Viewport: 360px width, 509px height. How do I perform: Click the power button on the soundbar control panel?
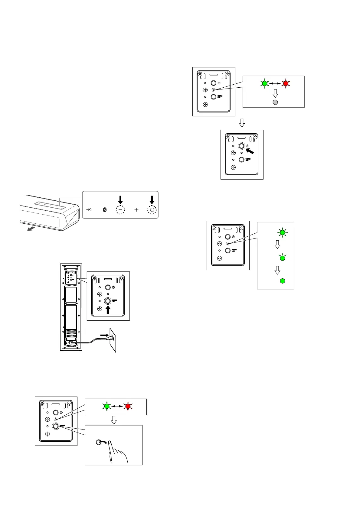coord(152,210)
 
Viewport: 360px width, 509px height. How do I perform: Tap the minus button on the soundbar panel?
coord(120,210)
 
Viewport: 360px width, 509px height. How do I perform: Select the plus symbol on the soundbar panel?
coord(136,209)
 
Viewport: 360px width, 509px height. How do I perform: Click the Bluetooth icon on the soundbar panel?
coord(105,210)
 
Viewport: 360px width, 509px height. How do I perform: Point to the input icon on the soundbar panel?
coord(89,209)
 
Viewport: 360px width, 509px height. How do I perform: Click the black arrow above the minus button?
coord(120,199)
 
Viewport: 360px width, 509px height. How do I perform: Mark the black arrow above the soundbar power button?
coord(152,199)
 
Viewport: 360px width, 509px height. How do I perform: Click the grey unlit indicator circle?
coord(275,102)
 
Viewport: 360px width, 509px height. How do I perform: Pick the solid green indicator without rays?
coord(282,281)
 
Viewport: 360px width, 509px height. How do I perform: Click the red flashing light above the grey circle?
coord(285,83)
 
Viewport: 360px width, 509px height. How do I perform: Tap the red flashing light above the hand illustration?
coord(128,407)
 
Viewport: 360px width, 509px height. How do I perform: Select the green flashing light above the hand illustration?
coord(106,407)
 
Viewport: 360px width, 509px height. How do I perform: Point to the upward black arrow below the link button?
coord(108,310)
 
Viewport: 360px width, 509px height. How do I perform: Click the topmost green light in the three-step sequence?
coord(282,232)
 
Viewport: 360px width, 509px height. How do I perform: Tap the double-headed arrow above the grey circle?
coord(275,83)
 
